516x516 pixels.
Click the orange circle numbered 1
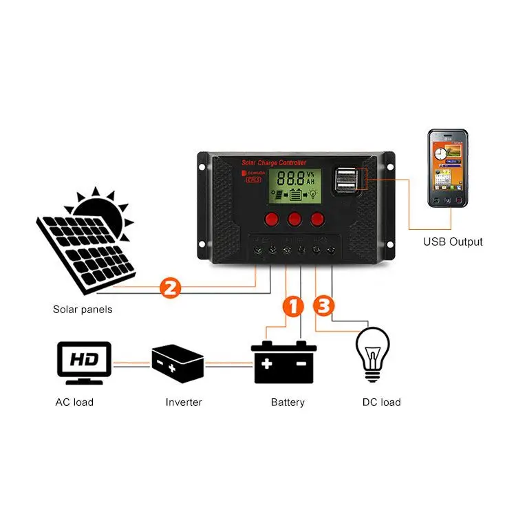[x=293, y=306]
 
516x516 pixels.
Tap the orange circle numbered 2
[x=170, y=287]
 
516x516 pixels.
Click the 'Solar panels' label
[x=83, y=310]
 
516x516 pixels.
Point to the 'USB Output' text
[x=452, y=242]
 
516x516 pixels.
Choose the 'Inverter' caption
[x=184, y=402]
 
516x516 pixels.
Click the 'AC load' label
[x=74, y=402]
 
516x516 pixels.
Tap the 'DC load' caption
[x=381, y=402]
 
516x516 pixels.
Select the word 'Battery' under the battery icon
[x=288, y=402]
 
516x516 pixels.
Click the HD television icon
[x=83, y=362]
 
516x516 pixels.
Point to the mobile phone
[x=447, y=169]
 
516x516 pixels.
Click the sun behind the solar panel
[x=103, y=206]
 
